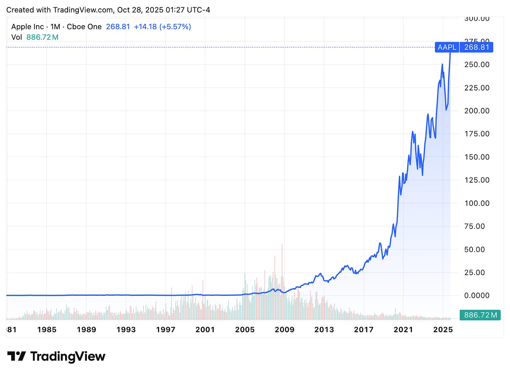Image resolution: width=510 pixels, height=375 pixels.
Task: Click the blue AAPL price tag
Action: coord(447,47)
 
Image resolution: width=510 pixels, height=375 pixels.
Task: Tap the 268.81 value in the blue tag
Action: coord(476,47)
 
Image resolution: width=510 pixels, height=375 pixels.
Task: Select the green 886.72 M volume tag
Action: coord(480,315)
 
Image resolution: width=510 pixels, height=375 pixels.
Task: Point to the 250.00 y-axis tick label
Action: coord(477,64)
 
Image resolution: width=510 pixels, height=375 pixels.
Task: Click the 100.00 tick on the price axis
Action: coord(477,203)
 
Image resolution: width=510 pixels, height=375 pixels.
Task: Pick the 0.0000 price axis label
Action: coord(477,296)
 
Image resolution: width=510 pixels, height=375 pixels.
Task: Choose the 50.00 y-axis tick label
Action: coord(475,250)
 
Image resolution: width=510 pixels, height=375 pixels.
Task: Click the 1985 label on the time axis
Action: coord(47,330)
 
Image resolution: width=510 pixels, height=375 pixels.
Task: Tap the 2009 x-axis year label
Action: coord(284,330)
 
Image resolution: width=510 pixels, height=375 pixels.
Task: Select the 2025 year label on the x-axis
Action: coord(443,330)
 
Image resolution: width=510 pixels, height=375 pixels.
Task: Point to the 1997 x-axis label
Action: coord(165,330)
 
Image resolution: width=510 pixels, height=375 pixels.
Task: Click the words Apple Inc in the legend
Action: coord(27,27)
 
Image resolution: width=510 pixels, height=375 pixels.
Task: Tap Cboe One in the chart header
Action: coord(84,27)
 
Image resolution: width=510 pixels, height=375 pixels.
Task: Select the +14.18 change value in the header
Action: coord(145,27)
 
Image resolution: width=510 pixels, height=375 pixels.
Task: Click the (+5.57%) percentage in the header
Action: coord(175,27)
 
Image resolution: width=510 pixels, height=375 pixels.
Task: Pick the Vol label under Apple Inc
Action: coord(16,37)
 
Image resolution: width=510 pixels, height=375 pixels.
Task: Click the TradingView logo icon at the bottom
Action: coord(16,356)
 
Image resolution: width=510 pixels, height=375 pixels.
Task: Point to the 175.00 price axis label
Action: coord(477,134)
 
